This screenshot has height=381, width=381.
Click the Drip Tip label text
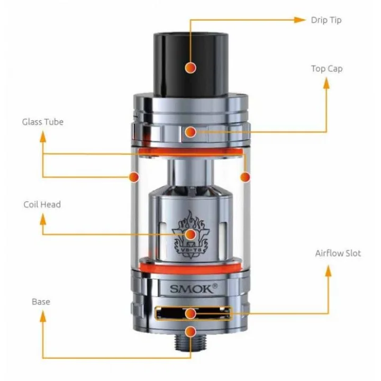[x=326, y=20]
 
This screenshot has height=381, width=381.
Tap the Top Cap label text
[x=327, y=69]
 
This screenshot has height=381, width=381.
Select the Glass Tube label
[x=43, y=122]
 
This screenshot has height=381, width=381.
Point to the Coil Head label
[x=42, y=204]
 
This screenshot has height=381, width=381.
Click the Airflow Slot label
[x=338, y=253]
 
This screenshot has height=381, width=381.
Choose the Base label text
[x=41, y=302]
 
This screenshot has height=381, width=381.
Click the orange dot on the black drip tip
[x=190, y=68]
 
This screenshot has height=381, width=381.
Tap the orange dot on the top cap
[x=190, y=132]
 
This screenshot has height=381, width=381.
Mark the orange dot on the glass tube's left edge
[x=134, y=177]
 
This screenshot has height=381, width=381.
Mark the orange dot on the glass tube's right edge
[x=245, y=177]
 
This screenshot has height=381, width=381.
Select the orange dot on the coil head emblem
[x=190, y=234]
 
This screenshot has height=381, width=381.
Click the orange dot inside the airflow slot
[x=190, y=313]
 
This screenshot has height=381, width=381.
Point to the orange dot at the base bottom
[x=190, y=332]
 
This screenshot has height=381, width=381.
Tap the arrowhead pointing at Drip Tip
[x=300, y=20]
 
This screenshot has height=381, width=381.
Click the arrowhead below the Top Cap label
[x=327, y=83]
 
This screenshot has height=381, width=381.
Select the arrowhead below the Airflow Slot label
[x=328, y=271]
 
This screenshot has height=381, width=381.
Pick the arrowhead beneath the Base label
[x=43, y=316]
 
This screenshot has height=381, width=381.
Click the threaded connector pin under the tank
[x=190, y=342]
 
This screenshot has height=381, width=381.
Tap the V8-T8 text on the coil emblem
[x=191, y=250]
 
